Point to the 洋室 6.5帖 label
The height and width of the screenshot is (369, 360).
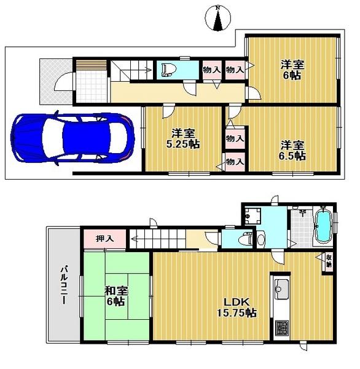pos(292,150)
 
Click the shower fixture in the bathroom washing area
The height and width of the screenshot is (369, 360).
pos(302,212)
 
